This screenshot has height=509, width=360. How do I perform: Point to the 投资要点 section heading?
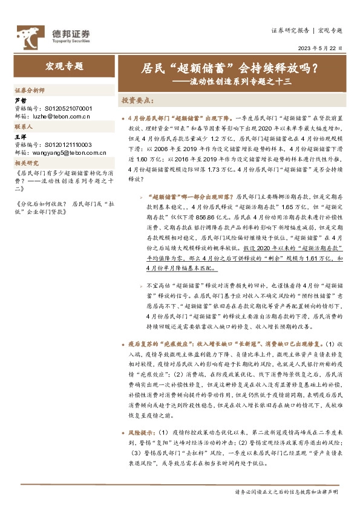tap(137, 100)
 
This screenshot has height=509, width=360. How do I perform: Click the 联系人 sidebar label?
tap(24, 128)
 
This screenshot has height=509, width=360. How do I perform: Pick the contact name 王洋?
tap(21, 138)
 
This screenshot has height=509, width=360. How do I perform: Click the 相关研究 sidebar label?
tap(27, 163)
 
